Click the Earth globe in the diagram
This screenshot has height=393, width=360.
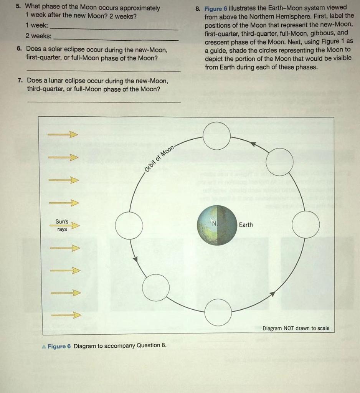point(217,225)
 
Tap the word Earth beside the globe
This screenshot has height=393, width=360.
point(246,225)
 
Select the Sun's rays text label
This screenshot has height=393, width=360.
point(62,225)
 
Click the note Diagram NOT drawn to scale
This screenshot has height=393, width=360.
point(296,328)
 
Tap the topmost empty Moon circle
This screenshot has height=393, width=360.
point(217,136)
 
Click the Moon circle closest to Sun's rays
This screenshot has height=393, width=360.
point(129,225)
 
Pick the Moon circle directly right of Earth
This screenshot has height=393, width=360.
point(306,225)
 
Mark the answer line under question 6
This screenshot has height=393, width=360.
point(104,71)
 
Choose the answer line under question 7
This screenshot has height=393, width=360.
point(104,102)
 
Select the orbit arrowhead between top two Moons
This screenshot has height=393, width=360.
point(253,144)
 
